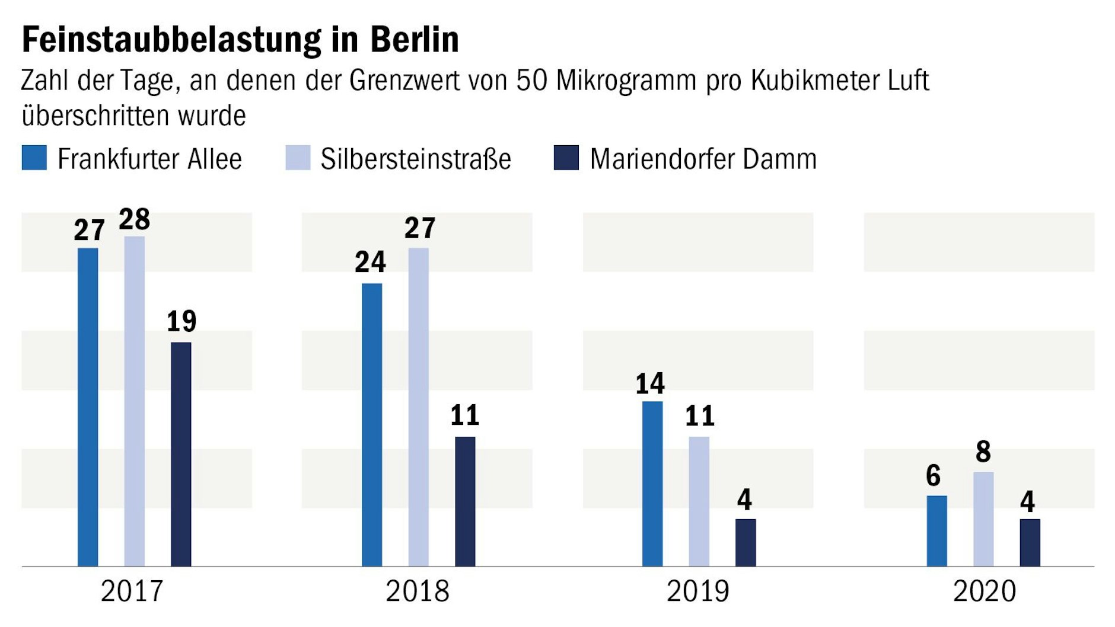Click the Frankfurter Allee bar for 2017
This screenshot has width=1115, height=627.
click(88, 407)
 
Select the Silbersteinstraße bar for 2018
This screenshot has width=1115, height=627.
click(418, 407)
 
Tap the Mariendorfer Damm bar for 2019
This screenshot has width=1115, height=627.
click(746, 543)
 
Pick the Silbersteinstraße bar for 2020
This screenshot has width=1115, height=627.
click(983, 519)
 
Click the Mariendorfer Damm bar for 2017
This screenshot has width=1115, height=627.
click(181, 455)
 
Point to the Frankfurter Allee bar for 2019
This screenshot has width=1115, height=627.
click(652, 484)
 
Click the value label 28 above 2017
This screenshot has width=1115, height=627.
click(135, 220)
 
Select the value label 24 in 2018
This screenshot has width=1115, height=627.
click(370, 262)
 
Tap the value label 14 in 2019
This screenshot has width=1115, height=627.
click(650, 384)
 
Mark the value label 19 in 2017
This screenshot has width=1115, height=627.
click(181, 321)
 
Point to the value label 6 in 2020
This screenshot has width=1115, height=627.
click(934, 476)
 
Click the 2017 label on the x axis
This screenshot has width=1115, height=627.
click(132, 591)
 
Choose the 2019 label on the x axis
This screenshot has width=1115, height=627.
click(698, 591)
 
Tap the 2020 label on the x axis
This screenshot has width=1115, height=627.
click(984, 591)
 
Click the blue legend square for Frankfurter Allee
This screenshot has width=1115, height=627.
click(34, 158)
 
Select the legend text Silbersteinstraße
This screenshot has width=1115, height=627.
click(416, 159)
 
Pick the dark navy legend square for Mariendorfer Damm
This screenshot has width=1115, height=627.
click(566, 158)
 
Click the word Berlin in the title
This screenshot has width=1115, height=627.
click(415, 40)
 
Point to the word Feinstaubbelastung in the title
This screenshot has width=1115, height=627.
click(171, 40)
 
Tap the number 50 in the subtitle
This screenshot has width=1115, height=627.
click(531, 81)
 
